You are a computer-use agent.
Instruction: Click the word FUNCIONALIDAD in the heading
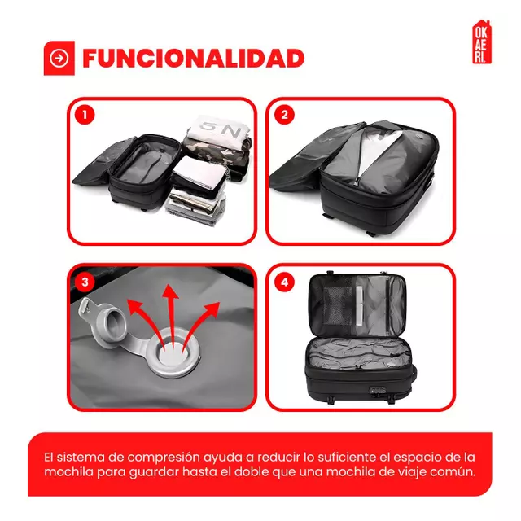click(x=193, y=59)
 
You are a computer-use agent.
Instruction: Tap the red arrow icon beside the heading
click(x=59, y=59)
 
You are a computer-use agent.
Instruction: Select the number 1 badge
click(x=84, y=115)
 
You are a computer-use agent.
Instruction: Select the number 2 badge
click(x=284, y=115)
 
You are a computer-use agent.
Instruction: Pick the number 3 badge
click(x=84, y=282)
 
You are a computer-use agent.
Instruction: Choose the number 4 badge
click(x=284, y=282)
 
